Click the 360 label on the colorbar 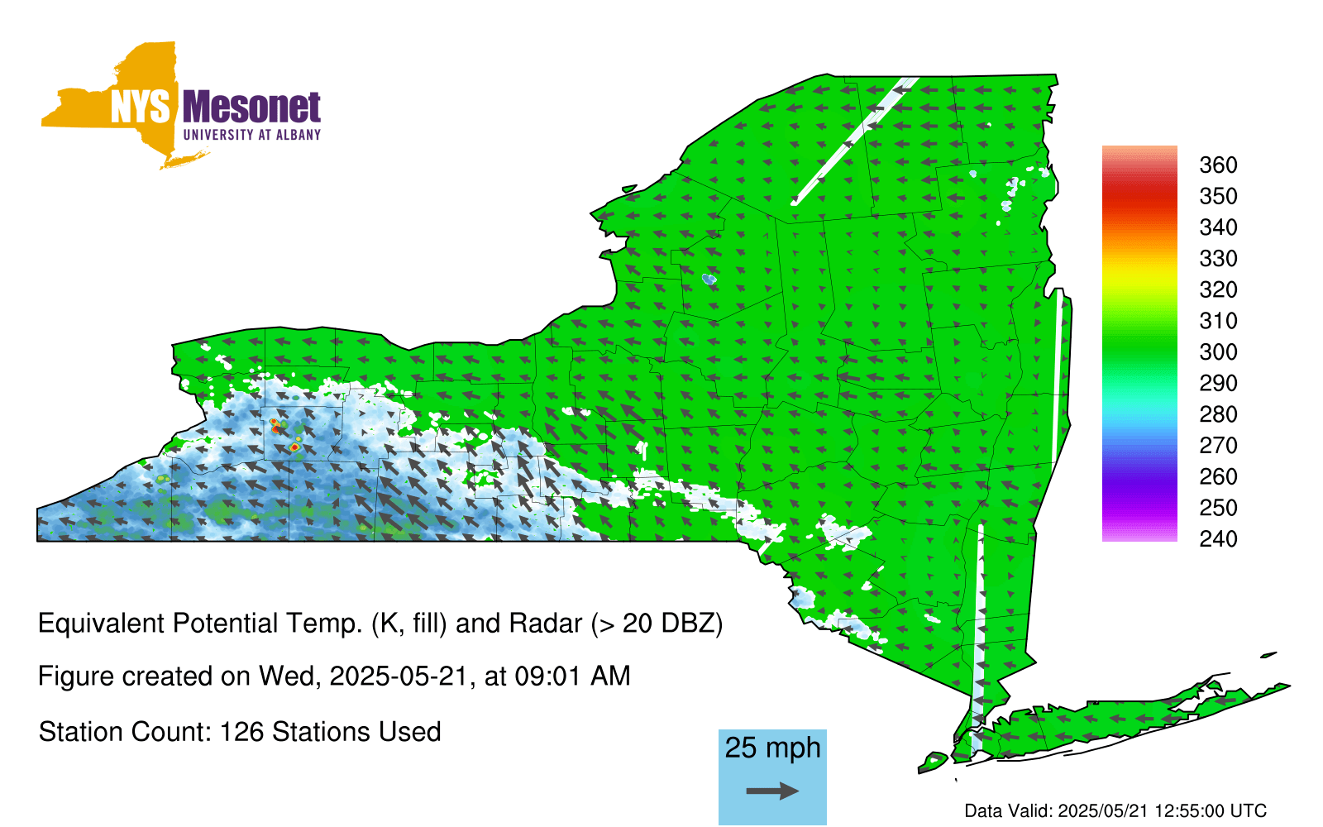coord(1218,165)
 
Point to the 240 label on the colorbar coord(1218,538)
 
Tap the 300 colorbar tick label coord(1218,352)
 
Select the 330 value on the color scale coord(1218,259)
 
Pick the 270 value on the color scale coord(1218,446)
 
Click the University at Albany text coord(252,135)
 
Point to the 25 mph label coord(772,748)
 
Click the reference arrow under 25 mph coord(772,791)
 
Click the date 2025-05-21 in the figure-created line coord(398,676)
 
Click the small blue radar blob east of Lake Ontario coord(709,279)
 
